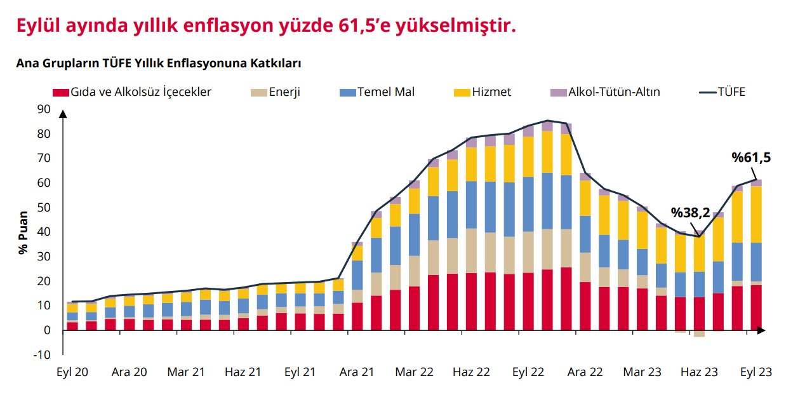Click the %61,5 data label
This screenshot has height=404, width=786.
750,158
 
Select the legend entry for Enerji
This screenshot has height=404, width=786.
284,92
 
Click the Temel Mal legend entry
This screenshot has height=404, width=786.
385,92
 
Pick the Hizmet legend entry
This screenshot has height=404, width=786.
491,92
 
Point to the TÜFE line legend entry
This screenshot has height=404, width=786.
731,92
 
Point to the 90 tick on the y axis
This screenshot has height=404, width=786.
43,109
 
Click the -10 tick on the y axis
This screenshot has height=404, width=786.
41,354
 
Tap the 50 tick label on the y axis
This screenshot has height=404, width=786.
43,208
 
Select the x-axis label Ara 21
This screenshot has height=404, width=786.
357,372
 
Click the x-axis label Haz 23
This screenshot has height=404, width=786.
700,372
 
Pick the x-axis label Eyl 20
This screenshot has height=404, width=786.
73,372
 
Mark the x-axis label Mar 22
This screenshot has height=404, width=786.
413,372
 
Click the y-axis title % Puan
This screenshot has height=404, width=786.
23,232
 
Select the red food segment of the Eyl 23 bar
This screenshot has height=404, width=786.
756,307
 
